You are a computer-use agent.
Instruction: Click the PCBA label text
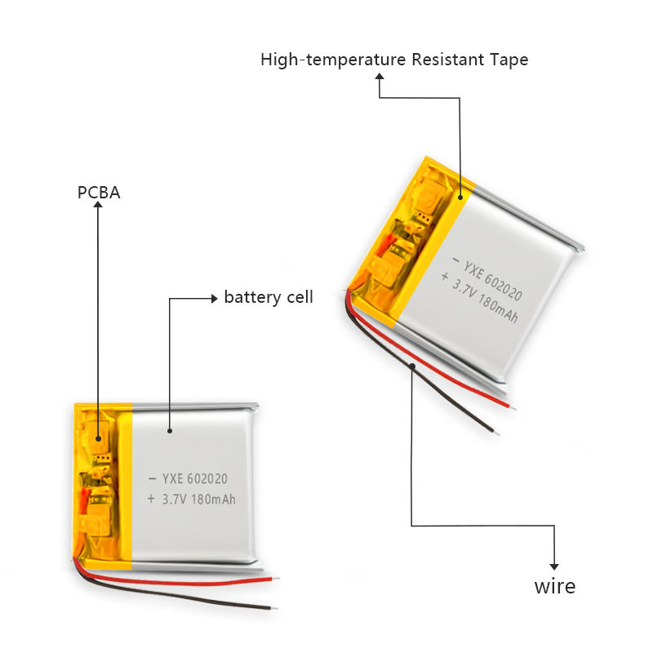(98, 193)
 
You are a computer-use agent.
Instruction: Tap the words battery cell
(269, 297)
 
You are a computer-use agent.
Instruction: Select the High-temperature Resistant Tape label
(394, 60)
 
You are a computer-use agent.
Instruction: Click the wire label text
(554, 586)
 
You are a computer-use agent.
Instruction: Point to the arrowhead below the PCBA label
(98, 207)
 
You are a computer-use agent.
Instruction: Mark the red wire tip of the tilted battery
(512, 406)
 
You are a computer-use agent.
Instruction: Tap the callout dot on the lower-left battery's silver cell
(170, 429)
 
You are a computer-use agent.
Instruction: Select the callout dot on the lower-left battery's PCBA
(98, 438)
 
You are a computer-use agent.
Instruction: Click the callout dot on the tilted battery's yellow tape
(460, 196)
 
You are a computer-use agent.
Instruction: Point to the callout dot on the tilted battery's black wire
(414, 366)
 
